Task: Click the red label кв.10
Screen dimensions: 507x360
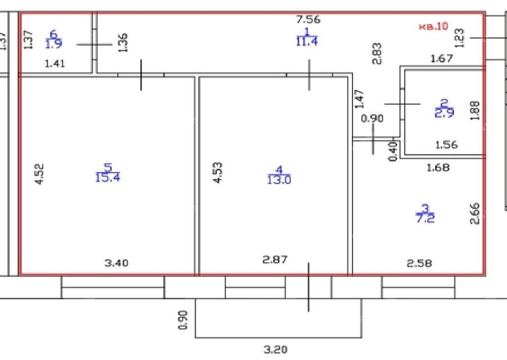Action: (x=433, y=26)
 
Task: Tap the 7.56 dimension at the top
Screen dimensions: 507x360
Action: (x=308, y=19)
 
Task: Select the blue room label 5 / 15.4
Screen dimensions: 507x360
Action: (x=107, y=173)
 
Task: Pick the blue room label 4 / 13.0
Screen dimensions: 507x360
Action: (x=279, y=175)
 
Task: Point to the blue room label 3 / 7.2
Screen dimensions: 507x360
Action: (x=425, y=213)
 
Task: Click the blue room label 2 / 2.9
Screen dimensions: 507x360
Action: (x=444, y=108)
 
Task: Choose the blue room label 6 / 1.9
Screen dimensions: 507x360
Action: (x=53, y=39)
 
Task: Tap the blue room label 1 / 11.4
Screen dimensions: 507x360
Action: (x=307, y=37)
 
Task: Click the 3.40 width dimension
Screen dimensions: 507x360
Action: (x=116, y=263)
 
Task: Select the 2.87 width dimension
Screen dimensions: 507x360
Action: (x=275, y=259)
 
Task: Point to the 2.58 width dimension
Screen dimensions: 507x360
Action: (x=419, y=263)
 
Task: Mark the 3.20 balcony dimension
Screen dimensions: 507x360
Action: (x=275, y=349)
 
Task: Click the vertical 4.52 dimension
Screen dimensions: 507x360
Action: (x=39, y=174)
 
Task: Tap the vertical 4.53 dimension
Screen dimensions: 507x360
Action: (x=218, y=173)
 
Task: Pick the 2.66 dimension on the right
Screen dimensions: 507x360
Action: (x=474, y=213)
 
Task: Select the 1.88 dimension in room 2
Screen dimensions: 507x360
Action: (x=475, y=110)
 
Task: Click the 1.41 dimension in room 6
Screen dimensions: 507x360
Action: (x=54, y=63)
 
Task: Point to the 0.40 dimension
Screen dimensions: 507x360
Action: (x=393, y=152)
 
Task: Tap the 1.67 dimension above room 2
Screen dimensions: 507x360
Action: (x=442, y=58)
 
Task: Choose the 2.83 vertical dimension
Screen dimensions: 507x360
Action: (x=377, y=53)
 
